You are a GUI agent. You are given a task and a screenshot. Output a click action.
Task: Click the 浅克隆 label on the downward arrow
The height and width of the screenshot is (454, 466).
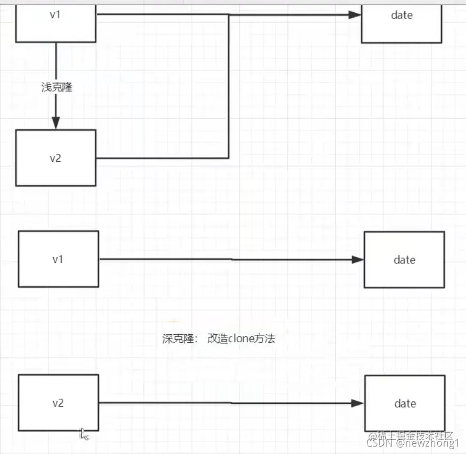click(56, 87)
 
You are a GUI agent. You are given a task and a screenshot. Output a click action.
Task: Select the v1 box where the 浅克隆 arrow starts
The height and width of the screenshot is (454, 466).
click(55, 21)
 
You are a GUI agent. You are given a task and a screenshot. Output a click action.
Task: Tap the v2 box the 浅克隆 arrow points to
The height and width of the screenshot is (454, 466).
click(55, 158)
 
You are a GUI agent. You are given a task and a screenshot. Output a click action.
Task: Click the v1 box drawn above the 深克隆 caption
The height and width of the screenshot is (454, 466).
click(58, 259)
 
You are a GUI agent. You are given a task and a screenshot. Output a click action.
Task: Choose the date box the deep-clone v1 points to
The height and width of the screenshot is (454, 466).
click(404, 260)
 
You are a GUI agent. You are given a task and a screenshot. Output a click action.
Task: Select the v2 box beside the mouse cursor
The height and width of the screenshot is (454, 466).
click(58, 403)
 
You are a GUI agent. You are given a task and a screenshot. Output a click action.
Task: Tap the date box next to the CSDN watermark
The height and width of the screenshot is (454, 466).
click(405, 403)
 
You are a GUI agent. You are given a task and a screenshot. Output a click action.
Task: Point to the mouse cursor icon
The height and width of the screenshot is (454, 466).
click(84, 434)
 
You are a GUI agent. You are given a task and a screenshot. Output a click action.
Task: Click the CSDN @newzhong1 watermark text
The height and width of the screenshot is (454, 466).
click(405, 443)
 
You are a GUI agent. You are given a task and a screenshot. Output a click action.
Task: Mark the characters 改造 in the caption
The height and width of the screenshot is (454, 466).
click(218, 339)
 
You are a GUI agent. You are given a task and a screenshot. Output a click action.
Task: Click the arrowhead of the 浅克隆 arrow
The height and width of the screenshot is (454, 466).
click(56, 122)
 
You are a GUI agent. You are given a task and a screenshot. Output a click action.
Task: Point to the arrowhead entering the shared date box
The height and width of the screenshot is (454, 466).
click(355, 15)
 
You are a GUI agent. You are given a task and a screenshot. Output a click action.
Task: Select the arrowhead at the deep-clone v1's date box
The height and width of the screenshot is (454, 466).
click(358, 260)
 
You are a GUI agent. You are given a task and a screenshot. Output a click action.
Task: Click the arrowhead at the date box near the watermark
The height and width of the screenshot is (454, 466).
click(358, 403)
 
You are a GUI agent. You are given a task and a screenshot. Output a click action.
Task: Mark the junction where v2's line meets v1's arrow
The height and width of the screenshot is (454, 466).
click(229, 15)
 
